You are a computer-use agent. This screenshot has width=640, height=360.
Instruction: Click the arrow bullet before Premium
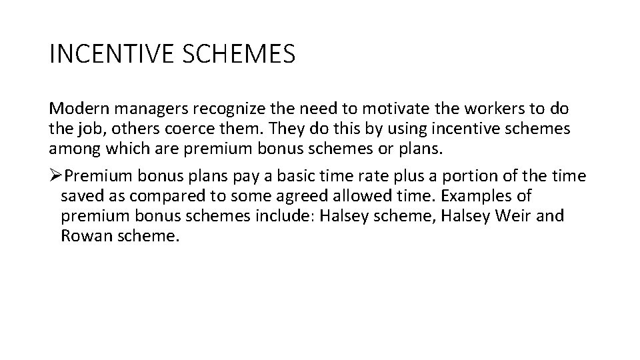tap(57, 176)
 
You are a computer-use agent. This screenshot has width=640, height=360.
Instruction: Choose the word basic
tap(297, 176)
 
